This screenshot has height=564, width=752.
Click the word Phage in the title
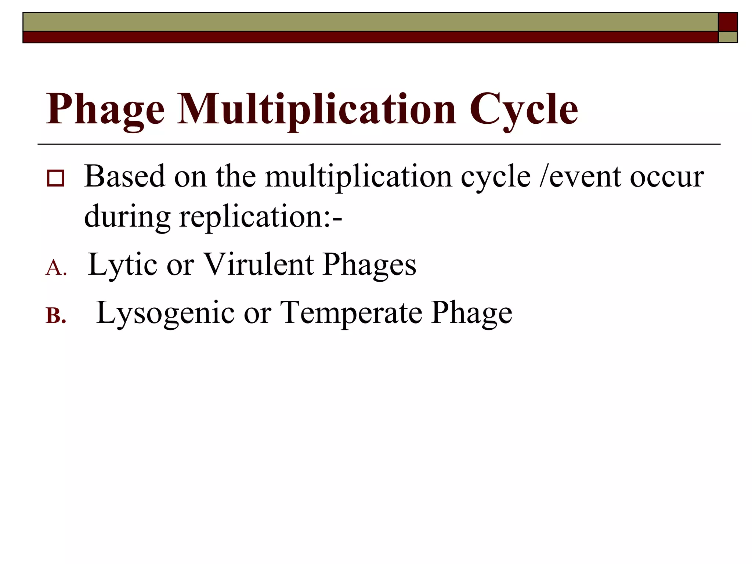(x=105, y=109)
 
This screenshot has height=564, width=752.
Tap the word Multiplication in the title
(x=317, y=109)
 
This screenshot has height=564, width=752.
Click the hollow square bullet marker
(x=55, y=178)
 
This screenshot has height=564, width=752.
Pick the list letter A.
(x=55, y=267)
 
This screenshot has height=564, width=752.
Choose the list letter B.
(x=56, y=316)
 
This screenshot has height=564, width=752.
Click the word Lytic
(x=123, y=264)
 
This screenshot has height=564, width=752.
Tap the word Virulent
(x=258, y=264)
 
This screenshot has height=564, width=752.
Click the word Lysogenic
(x=165, y=313)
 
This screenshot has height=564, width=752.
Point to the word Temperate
(x=351, y=313)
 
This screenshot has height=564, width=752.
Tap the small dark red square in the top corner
(x=727, y=22)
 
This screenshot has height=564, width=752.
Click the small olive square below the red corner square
(x=728, y=37)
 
